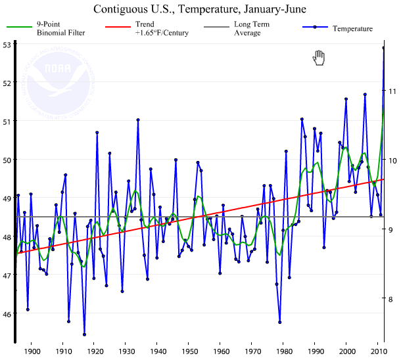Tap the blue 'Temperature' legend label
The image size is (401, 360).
click(x=352, y=28)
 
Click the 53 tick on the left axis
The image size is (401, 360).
click(x=7, y=45)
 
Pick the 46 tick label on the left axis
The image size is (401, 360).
click(x=7, y=313)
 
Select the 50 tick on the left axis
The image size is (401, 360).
click(x=7, y=160)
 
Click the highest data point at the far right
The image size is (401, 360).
click(x=384, y=47)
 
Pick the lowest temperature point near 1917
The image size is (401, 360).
click(x=84, y=334)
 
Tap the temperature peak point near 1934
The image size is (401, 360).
click(x=138, y=120)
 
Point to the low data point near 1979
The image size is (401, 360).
click(x=280, y=322)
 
